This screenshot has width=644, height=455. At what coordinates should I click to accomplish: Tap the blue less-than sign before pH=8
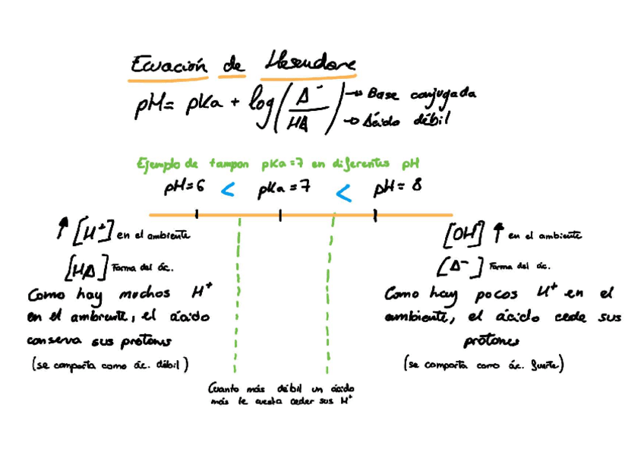click(x=343, y=194)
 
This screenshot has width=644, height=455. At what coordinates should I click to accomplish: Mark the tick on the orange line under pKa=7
click(x=280, y=216)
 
